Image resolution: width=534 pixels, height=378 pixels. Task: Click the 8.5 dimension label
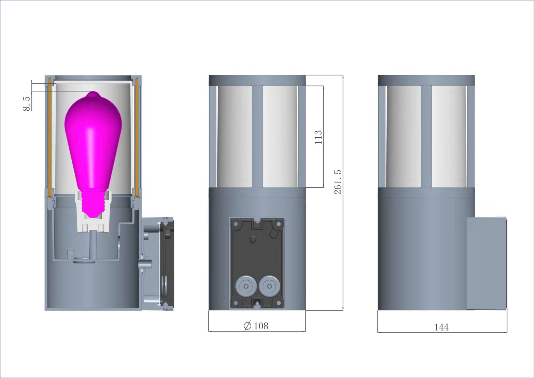click(x=26, y=104)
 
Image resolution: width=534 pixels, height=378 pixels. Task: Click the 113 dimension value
click(x=318, y=137)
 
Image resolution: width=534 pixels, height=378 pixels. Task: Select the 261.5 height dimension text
click(x=338, y=182)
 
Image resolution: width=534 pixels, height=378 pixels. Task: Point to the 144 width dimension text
click(x=441, y=327)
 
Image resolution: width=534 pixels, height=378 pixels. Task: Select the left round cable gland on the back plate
click(x=246, y=287)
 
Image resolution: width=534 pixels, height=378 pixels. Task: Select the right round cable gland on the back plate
click(x=269, y=287)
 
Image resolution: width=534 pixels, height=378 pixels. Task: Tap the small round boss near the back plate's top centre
click(x=253, y=240)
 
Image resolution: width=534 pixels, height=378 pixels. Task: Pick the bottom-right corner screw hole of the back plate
click(x=279, y=303)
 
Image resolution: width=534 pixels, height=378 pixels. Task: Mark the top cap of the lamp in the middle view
click(x=257, y=80)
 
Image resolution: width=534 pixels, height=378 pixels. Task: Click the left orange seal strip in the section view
click(x=49, y=137)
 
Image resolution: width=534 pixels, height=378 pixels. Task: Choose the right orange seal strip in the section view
click(x=137, y=137)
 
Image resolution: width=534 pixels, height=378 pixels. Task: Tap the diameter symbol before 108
click(x=247, y=326)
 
